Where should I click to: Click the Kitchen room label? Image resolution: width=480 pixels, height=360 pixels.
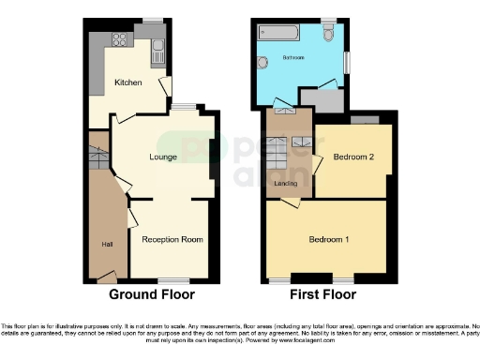coord(128,82)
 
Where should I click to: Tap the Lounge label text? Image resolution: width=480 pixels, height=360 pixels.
coord(163,157)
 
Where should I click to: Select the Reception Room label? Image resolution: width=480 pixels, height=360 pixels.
coord(172,239)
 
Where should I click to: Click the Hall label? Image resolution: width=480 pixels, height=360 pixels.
coord(107,245)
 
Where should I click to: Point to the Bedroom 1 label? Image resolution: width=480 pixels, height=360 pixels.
coord(329,239)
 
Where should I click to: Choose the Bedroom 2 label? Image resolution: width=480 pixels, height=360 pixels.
coord(354,157)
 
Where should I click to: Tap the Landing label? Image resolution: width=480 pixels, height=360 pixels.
coord(285,183)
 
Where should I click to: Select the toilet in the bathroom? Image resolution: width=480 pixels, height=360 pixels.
coord(327,34)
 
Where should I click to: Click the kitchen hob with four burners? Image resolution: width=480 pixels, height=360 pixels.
coord(120,39)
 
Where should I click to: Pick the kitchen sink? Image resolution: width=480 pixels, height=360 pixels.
coord(157,45)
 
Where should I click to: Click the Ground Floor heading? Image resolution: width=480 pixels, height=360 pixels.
coord(152,293)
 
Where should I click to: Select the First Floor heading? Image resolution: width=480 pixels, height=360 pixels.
coord(322,293)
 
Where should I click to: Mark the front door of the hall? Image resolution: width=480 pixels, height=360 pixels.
coord(106,276)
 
